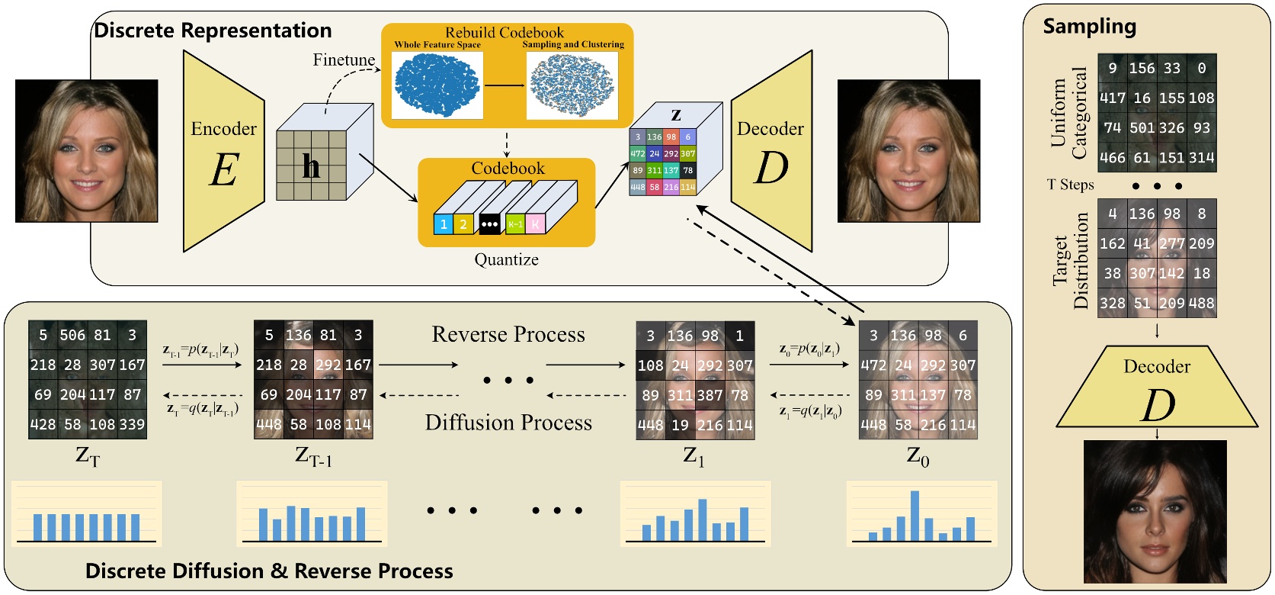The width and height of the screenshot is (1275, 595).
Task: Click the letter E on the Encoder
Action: (x=223, y=170)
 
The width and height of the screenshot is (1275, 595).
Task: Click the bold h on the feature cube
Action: (x=311, y=166)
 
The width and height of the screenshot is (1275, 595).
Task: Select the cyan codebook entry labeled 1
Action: (x=444, y=224)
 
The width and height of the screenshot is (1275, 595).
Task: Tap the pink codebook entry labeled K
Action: (x=535, y=224)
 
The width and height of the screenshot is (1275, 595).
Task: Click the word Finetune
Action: (x=344, y=59)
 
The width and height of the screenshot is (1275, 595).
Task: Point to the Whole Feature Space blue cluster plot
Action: (x=437, y=84)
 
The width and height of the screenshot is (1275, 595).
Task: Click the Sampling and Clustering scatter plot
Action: (x=572, y=84)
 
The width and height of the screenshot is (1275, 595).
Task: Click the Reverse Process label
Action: (x=508, y=334)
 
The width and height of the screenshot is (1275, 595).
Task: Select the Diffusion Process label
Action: (x=508, y=423)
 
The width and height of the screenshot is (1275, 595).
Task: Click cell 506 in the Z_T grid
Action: (x=72, y=335)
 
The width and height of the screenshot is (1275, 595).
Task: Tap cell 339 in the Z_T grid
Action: (x=132, y=424)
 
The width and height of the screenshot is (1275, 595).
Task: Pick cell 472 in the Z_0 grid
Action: (x=873, y=365)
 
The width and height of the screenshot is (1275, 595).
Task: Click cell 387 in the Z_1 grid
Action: (x=710, y=395)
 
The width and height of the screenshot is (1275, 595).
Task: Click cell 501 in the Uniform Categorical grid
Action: (x=1142, y=128)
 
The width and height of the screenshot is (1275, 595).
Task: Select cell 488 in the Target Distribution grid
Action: (x=1201, y=303)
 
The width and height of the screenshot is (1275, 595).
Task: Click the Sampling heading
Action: (x=1089, y=27)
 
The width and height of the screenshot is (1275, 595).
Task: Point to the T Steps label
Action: (x=1070, y=185)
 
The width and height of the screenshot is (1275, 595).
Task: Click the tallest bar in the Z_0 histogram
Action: (x=915, y=515)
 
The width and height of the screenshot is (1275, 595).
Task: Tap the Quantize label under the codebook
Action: (x=506, y=259)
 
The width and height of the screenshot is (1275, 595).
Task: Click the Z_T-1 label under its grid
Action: (x=313, y=456)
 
